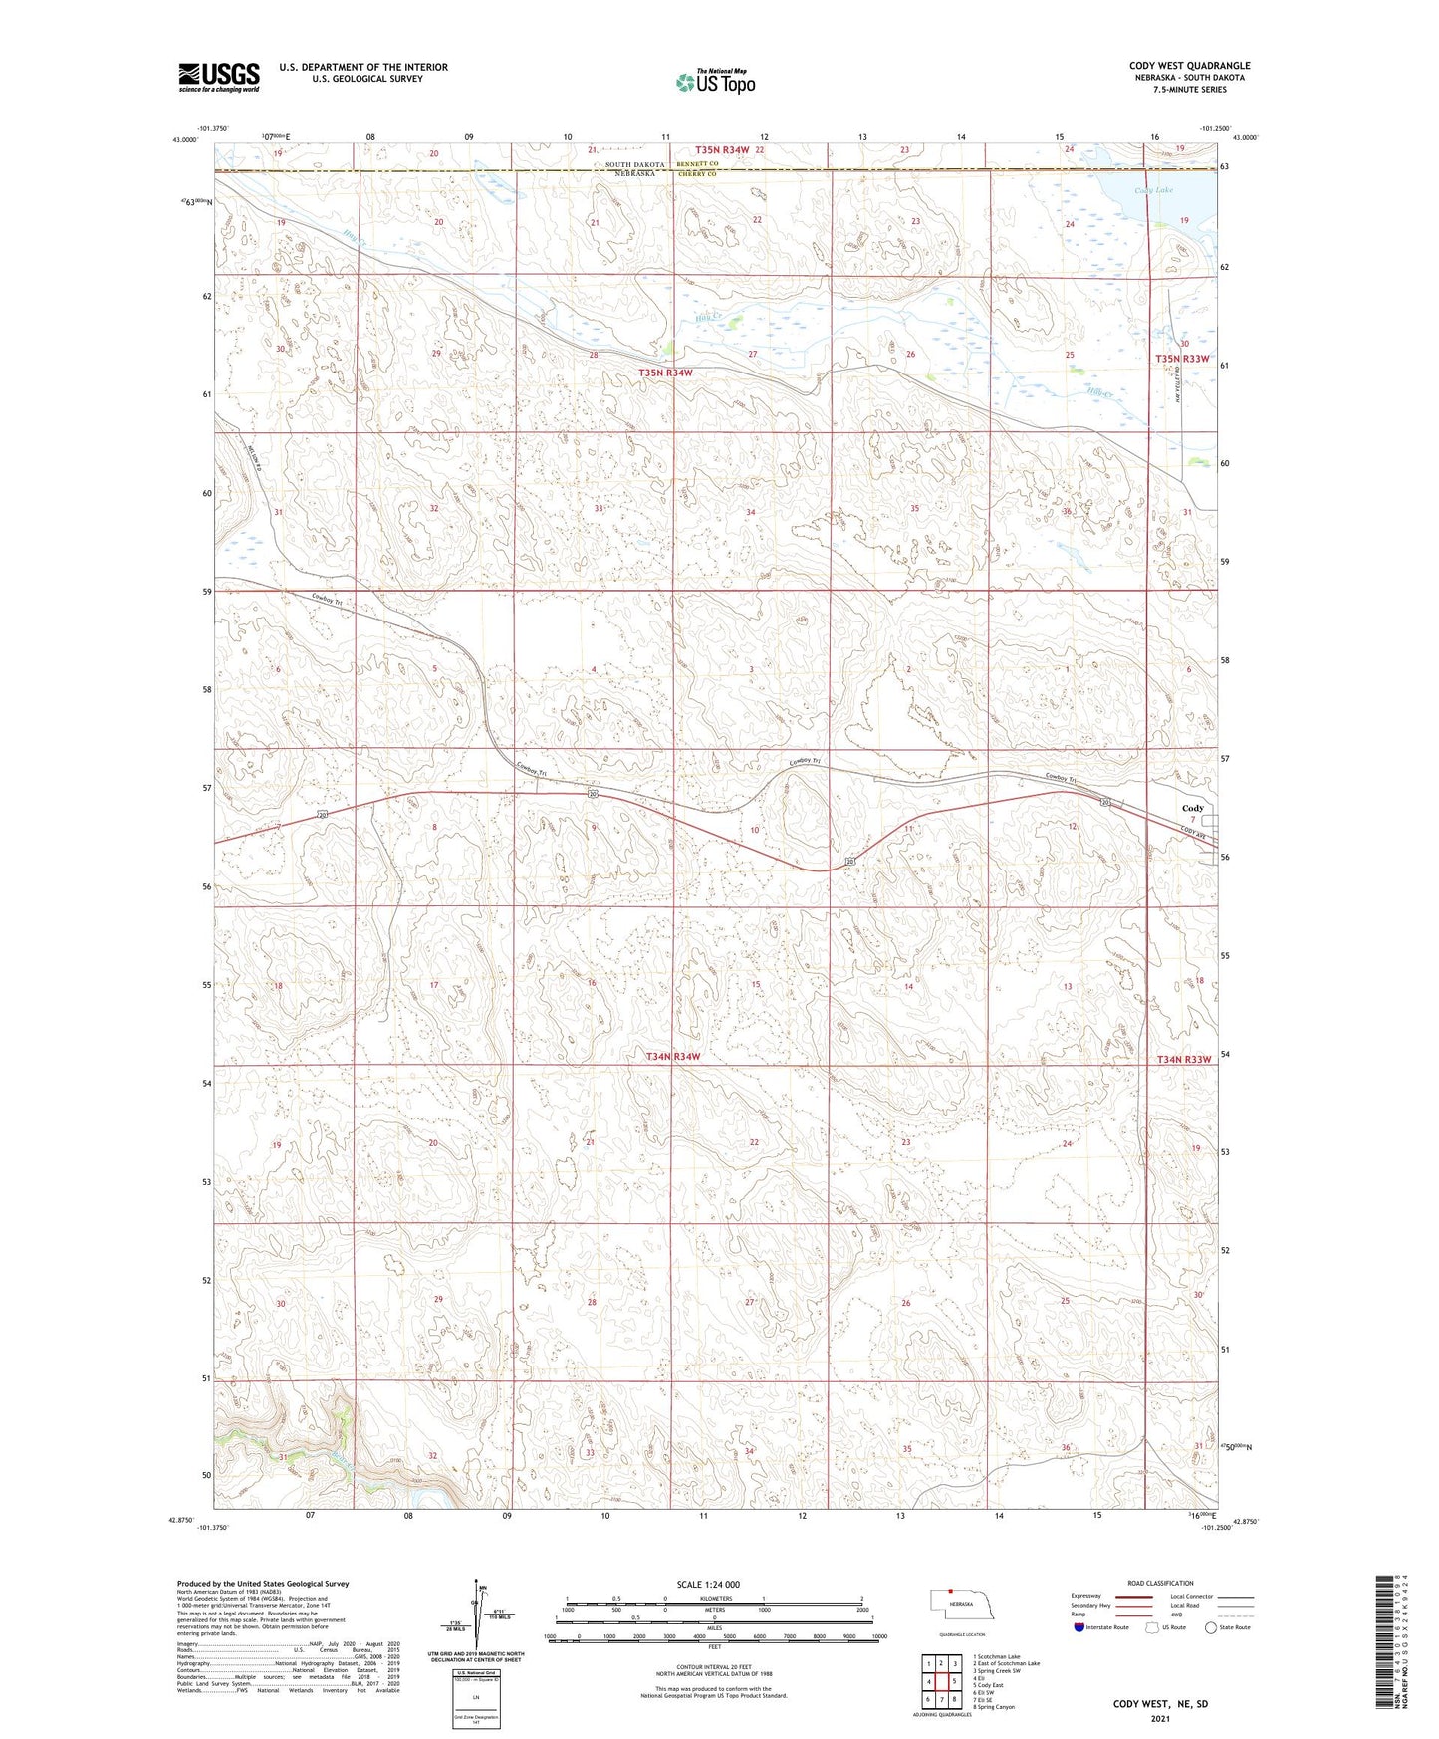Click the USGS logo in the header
click(218, 77)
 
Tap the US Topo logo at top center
click(715, 82)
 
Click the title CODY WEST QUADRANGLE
click(1189, 66)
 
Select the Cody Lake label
click(1153, 190)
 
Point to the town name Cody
click(1192, 808)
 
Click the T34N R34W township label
click(673, 1056)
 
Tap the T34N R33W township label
click(1184, 1059)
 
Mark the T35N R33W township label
click(1182, 359)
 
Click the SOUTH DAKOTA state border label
click(634, 164)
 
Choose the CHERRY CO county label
click(697, 174)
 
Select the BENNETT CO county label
click(697, 163)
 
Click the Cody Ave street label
click(1193, 835)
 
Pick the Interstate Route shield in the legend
click(1080, 1627)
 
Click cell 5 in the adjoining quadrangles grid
click(954, 1681)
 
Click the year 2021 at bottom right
click(1160, 1719)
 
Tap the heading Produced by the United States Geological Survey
click(263, 1584)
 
